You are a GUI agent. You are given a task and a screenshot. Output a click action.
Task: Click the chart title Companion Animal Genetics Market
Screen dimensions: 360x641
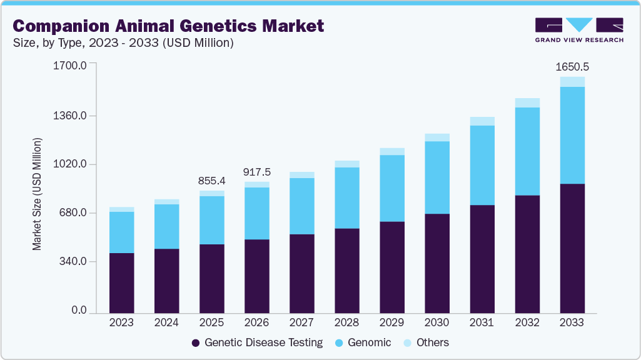168,26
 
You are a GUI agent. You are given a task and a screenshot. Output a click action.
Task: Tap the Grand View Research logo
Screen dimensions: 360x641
579,30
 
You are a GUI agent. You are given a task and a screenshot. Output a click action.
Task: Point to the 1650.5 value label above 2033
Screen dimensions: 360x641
572,66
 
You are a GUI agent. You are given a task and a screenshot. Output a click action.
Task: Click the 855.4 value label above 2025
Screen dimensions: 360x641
211,181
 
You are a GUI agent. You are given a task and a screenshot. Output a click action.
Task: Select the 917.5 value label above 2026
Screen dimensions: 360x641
256,172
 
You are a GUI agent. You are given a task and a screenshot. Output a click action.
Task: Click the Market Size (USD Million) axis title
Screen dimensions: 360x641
37,194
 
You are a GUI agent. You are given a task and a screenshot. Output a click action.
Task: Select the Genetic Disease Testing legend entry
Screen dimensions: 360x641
257,342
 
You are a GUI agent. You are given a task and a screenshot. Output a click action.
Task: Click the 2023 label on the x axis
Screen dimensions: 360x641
121,323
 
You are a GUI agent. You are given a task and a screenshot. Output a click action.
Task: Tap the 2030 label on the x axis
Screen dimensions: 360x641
437,323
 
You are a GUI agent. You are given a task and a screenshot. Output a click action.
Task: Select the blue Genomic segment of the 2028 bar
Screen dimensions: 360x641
346,197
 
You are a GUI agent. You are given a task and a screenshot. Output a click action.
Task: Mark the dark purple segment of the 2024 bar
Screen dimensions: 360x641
166,281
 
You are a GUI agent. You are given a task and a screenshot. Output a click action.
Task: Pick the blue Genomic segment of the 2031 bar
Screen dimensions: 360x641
482,165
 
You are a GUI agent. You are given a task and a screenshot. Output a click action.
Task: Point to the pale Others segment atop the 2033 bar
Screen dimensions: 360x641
572,82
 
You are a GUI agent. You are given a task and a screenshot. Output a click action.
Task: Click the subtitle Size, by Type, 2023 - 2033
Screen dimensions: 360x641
123,43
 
